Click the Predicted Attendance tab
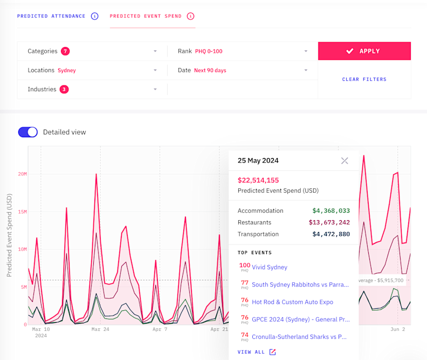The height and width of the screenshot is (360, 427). pos(51,16)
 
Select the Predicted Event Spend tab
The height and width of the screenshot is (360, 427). pos(146,16)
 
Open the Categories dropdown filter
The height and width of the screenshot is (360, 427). pos(92,51)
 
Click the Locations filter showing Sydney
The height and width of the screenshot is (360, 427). pos(92,70)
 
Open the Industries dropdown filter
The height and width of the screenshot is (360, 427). pos(92,89)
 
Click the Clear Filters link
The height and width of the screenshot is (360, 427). pos(364,79)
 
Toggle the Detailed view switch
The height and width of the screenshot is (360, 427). pos(28,132)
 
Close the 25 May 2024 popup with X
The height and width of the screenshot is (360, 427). pos(345,161)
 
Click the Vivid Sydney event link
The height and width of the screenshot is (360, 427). pos(270,267)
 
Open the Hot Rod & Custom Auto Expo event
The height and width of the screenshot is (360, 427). pos(292,302)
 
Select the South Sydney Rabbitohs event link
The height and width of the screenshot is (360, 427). pos(300,284)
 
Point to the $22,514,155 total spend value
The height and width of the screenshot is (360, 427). pos(258,180)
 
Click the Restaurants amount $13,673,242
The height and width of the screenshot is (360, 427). pos(329,222)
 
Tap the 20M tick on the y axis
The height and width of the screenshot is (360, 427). pos(22,174)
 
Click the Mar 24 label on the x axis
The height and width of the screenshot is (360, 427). pos(100,329)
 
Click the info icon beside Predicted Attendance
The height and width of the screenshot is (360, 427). pos(95,16)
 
